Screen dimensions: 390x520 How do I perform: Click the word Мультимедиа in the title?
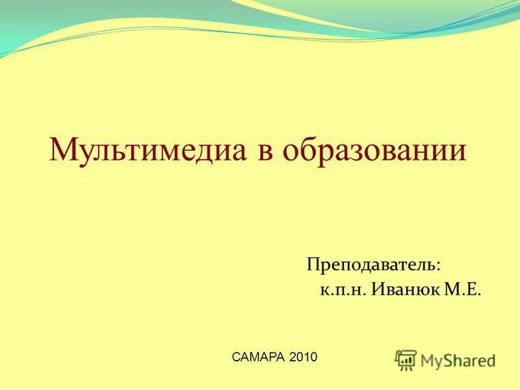149,150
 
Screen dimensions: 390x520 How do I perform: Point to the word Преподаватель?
372,265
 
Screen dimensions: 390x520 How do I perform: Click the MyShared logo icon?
406,359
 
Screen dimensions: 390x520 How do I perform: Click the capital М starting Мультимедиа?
63,150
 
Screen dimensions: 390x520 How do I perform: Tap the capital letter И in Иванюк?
378,290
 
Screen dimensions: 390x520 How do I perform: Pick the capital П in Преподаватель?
314,265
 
